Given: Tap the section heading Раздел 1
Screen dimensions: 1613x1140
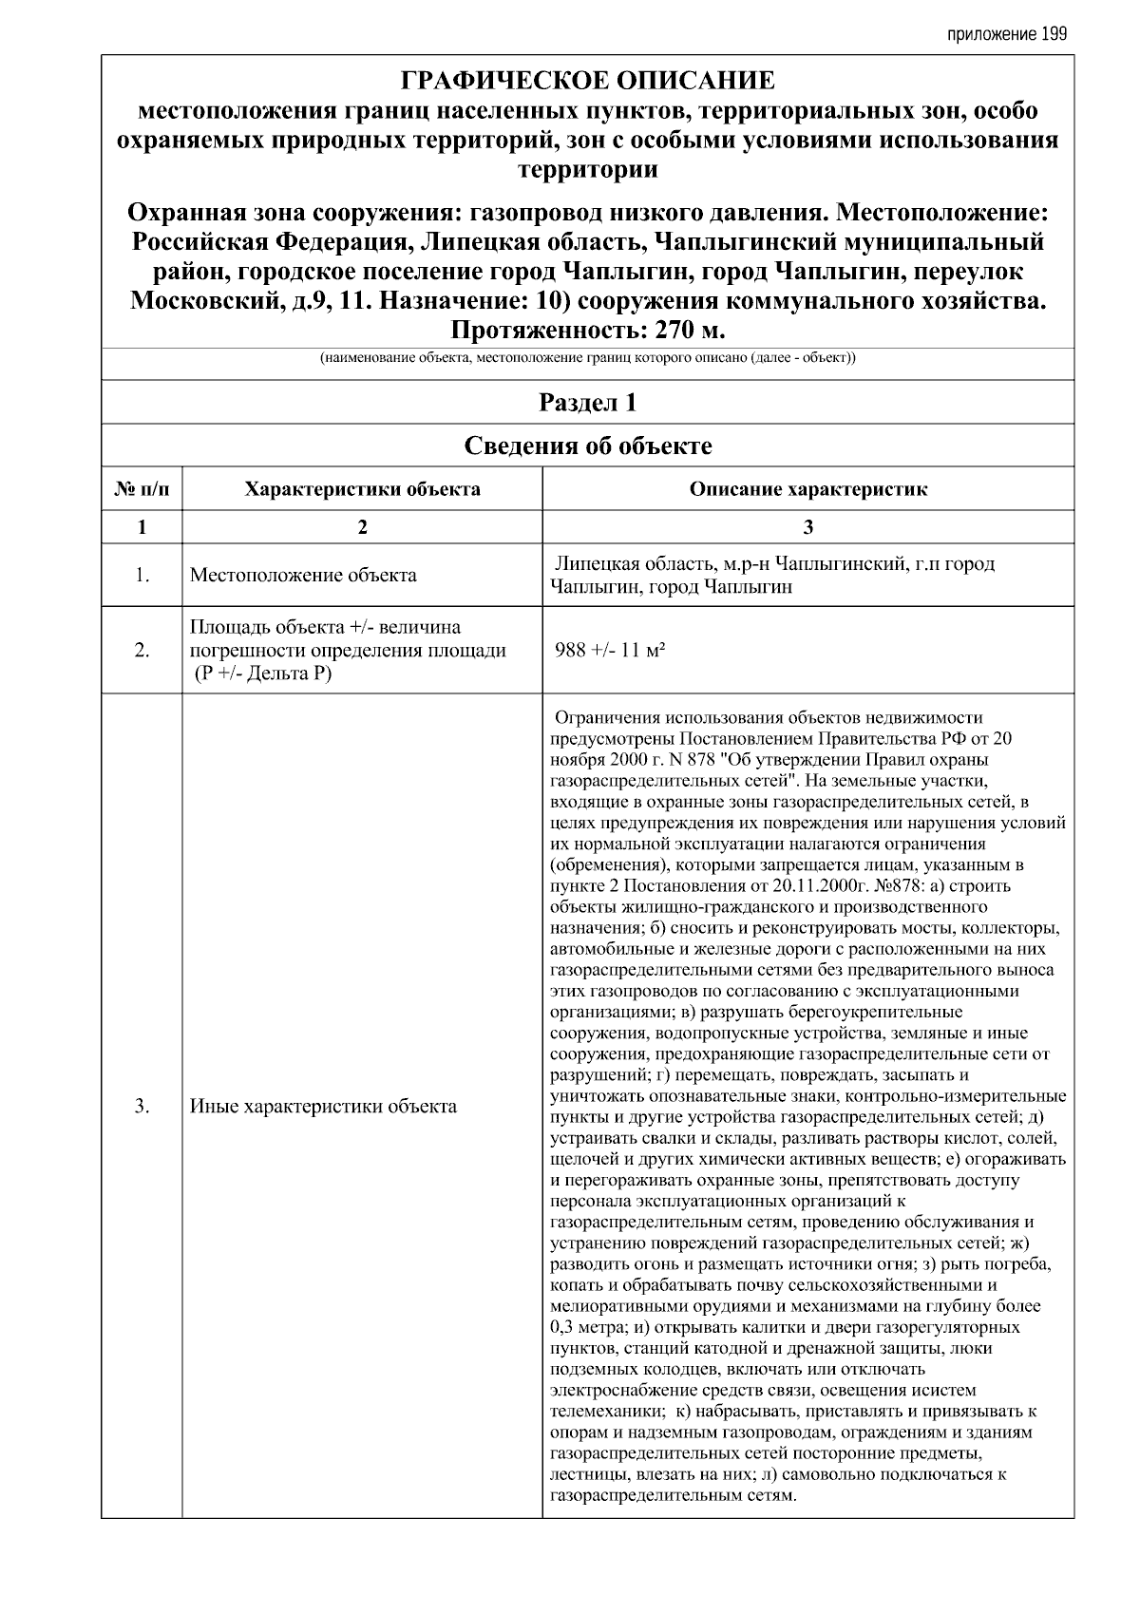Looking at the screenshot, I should click(587, 403).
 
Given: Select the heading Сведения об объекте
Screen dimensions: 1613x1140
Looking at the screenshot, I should click(587, 446).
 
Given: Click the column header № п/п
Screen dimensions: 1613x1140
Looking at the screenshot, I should click(142, 490).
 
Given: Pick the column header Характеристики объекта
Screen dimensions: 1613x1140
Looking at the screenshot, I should click(362, 490).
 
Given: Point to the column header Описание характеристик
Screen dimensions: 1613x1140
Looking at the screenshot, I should click(807, 490).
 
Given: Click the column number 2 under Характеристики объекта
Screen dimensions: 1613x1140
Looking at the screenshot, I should click(362, 527).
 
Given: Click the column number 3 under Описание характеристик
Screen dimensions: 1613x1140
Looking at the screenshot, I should click(807, 527).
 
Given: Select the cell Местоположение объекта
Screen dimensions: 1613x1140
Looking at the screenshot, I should click(303, 575).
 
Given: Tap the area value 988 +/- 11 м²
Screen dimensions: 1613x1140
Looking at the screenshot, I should click(609, 651).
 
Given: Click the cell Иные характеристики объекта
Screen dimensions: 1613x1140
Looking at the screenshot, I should click(323, 1107).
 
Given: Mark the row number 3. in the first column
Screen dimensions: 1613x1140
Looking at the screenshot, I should click(142, 1107).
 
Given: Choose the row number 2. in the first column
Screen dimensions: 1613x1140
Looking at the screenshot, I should click(142, 651).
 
